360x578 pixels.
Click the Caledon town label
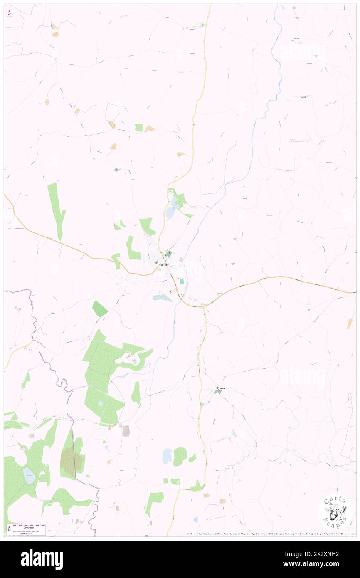(x=165, y=265)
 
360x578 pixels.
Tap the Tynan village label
(x=220, y=388)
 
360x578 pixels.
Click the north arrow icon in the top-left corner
(x=9, y=13)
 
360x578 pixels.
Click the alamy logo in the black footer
(x=42, y=559)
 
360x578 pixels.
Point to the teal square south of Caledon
(x=182, y=282)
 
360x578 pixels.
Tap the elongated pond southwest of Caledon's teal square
(x=162, y=298)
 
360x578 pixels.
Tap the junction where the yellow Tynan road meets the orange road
(x=204, y=306)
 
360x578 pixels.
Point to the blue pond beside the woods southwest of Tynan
(x=167, y=456)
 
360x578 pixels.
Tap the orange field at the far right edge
(x=350, y=324)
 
